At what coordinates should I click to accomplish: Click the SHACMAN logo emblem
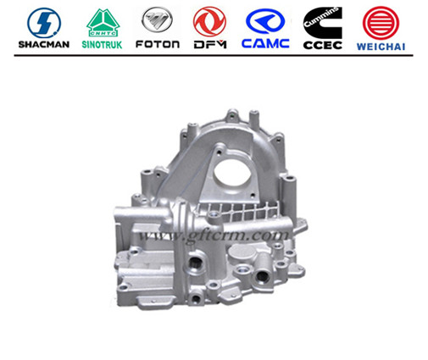tap(44, 23)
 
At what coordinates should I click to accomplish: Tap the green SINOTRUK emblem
tap(103, 23)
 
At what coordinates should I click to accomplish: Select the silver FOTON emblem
tap(157, 19)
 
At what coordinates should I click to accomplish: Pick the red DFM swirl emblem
tap(209, 21)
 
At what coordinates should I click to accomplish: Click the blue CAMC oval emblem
tap(265, 21)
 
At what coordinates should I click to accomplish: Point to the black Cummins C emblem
tap(323, 23)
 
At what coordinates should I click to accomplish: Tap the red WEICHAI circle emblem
tap(381, 23)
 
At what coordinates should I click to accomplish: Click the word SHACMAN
tap(44, 44)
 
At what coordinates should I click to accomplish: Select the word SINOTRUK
tap(102, 45)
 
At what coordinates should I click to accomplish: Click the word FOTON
tap(158, 44)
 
